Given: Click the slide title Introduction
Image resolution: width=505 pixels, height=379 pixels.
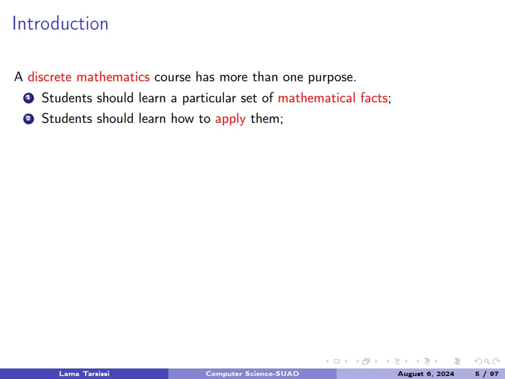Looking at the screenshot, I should point(60,24).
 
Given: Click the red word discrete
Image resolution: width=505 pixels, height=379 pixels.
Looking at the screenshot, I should point(49,77).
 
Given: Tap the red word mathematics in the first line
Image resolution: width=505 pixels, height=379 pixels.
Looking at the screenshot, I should point(113,77).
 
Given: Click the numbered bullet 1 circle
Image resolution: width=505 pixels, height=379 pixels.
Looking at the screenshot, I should point(28,98).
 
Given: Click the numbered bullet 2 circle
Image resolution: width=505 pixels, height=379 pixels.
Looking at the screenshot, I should point(28,119).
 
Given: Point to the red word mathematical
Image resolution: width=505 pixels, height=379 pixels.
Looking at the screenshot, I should point(316,98).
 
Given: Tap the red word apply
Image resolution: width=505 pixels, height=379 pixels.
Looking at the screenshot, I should point(230,119).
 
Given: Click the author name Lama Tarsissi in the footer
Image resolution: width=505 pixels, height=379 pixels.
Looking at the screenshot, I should point(84,374).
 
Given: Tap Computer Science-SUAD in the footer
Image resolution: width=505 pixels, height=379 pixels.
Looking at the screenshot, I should point(252,374).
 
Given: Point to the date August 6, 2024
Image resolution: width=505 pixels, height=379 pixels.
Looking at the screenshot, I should point(426,374).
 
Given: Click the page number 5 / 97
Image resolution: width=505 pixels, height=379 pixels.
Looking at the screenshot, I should point(486,374).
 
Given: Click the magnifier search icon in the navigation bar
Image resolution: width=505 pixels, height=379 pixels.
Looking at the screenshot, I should point(487,361).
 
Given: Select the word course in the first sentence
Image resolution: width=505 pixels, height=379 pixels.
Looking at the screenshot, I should point(172,77).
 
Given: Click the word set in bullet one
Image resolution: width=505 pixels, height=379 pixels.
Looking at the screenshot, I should point(249,98).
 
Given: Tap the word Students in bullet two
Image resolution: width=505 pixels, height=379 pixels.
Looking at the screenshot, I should point(67,119).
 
